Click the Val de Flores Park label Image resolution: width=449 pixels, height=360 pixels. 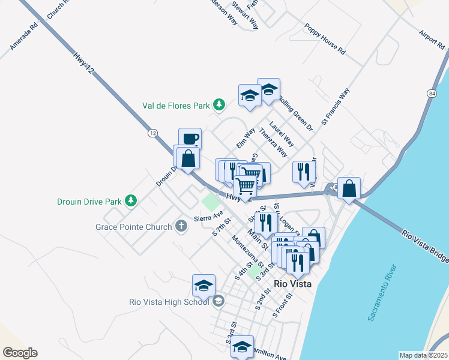[176, 106]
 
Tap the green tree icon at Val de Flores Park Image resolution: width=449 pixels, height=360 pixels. [219, 106]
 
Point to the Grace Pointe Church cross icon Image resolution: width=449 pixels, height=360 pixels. [181, 227]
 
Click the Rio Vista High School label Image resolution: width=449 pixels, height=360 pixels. [169, 302]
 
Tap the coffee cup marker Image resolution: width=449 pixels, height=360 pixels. [190, 139]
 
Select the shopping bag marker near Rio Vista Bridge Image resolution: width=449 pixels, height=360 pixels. [349, 188]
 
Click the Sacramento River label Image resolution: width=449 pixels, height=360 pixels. [382, 292]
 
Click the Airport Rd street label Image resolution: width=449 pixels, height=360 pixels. [430, 40]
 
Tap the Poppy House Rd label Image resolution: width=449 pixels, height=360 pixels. [325, 39]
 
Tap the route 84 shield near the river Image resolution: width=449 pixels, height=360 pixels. [432, 94]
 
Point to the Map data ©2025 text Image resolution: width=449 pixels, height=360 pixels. [423, 355]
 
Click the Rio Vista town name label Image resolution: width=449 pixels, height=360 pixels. [292, 284]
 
